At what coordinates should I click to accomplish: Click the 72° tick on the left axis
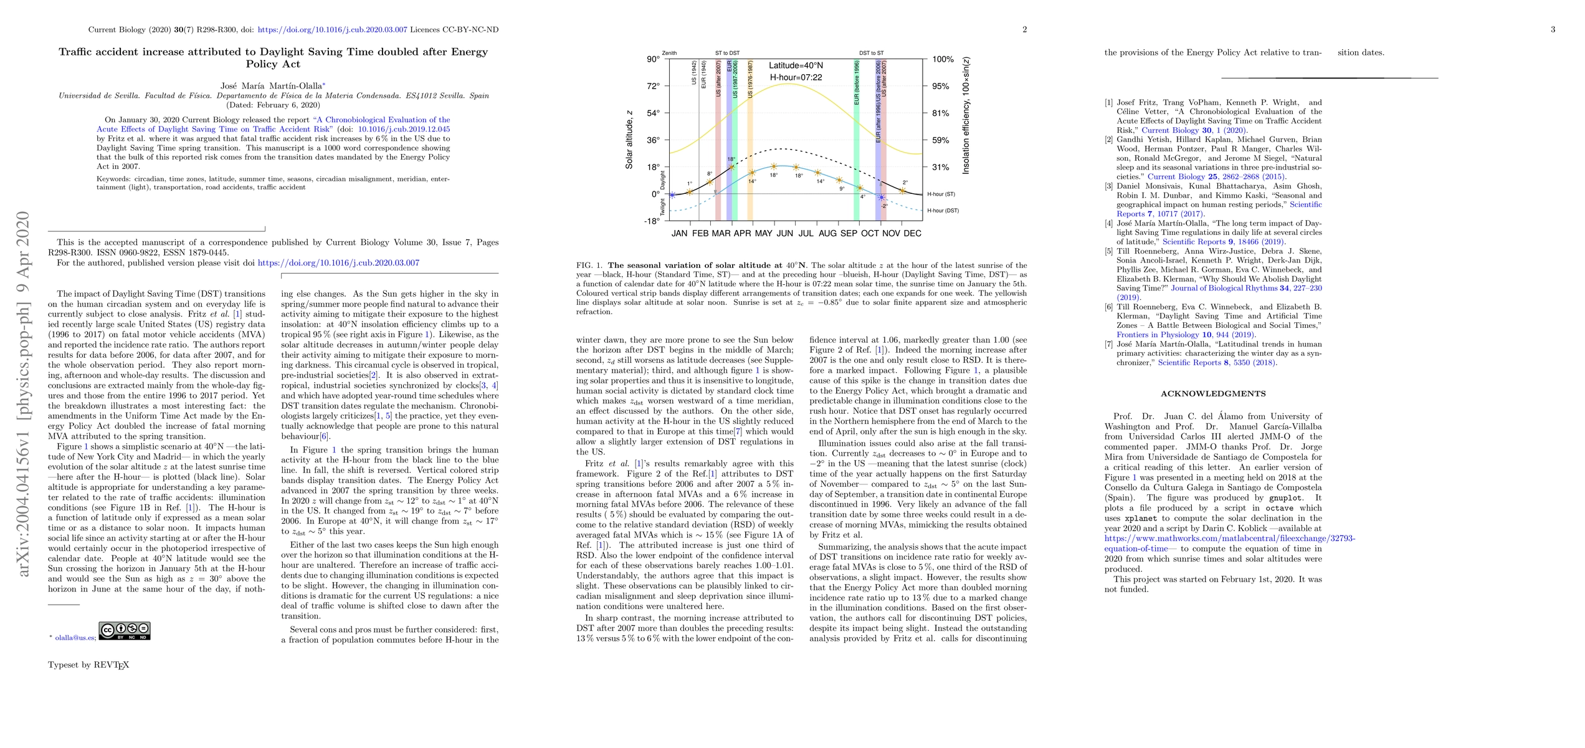pos(652,86)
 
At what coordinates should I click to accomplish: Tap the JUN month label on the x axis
pos(785,233)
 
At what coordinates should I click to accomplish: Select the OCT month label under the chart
pos(870,233)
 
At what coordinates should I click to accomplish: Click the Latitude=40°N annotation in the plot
pos(796,65)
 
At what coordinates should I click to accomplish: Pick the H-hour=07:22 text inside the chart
pos(796,78)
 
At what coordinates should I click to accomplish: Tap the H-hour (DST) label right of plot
pos(943,211)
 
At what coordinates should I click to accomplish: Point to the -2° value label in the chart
pos(884,206)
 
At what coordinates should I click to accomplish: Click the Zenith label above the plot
pos(669,53)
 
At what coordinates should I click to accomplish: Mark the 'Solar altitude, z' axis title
pos(629,139)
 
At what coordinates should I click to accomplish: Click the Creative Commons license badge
pos(125,631)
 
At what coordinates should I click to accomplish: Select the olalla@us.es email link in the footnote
pos(75,638)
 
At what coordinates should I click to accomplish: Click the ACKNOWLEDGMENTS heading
pos(1212,394)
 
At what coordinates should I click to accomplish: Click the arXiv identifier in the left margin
pos(24,394)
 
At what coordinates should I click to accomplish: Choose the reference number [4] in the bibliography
pos(1108,223)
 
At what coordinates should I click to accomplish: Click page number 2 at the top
pos(1024,29)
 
